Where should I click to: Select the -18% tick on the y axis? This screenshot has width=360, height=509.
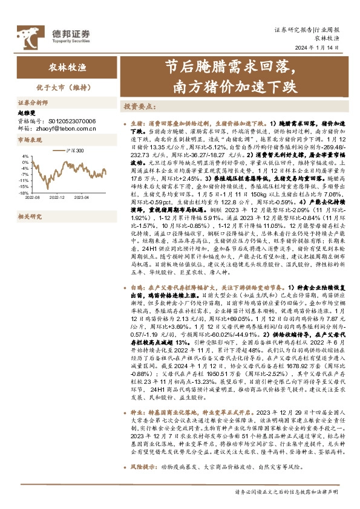click(25, 193)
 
